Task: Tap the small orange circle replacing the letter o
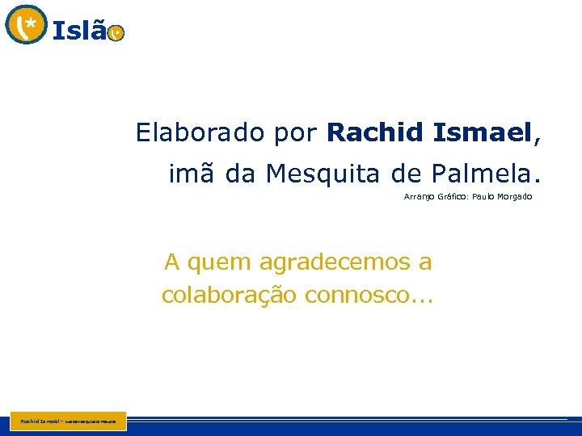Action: pos(116,33)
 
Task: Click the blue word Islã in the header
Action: pos(79,31)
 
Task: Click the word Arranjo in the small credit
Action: pos(419,197)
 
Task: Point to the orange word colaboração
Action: pos(229,296)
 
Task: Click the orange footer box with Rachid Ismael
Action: pos(69,421)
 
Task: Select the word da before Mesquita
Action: pos(240,173)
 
